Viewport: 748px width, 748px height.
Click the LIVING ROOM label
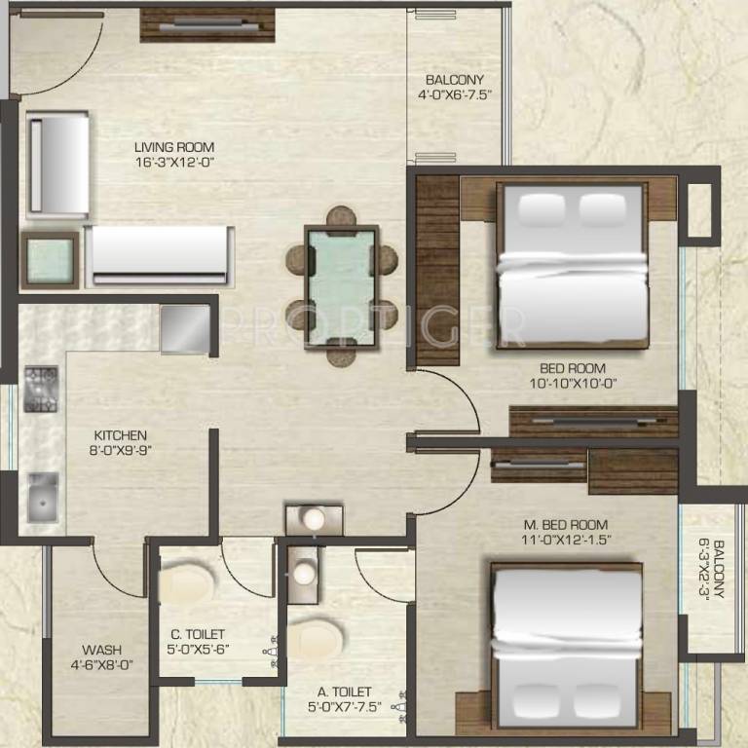pyautogui.click(x=174, y=147)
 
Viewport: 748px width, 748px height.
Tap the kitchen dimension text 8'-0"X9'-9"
pyautogui.click(x=121, y=450)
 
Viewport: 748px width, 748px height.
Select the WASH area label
pyautogui.click(x=101, y=650)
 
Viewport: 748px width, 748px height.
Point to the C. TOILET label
pyautogui.click(x=198, y=634)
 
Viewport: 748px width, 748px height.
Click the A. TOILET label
pyautogui.click(x=345, y=692)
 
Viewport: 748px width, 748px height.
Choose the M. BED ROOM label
pyautogui.click(x=566, y=525)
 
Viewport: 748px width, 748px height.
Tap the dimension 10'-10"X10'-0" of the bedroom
pyautogui.click(x=573, y=384)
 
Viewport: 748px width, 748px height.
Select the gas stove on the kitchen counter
pyautogui.click(x=41, y=390)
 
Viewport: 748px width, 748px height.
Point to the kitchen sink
pyautogui.click(x=43, y=498)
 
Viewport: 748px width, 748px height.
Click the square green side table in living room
pyautogui.click(x=50, y=260)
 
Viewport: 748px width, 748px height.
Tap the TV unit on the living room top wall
pyautogui.click(x=207, y=25)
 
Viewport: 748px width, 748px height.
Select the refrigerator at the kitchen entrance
pyautogui.click(x=185, y=329)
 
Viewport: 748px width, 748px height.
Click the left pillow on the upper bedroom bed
pyautogui.click(x=542, y=210)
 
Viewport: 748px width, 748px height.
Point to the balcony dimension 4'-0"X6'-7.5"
pyautogui.click(x=455, y=94)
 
